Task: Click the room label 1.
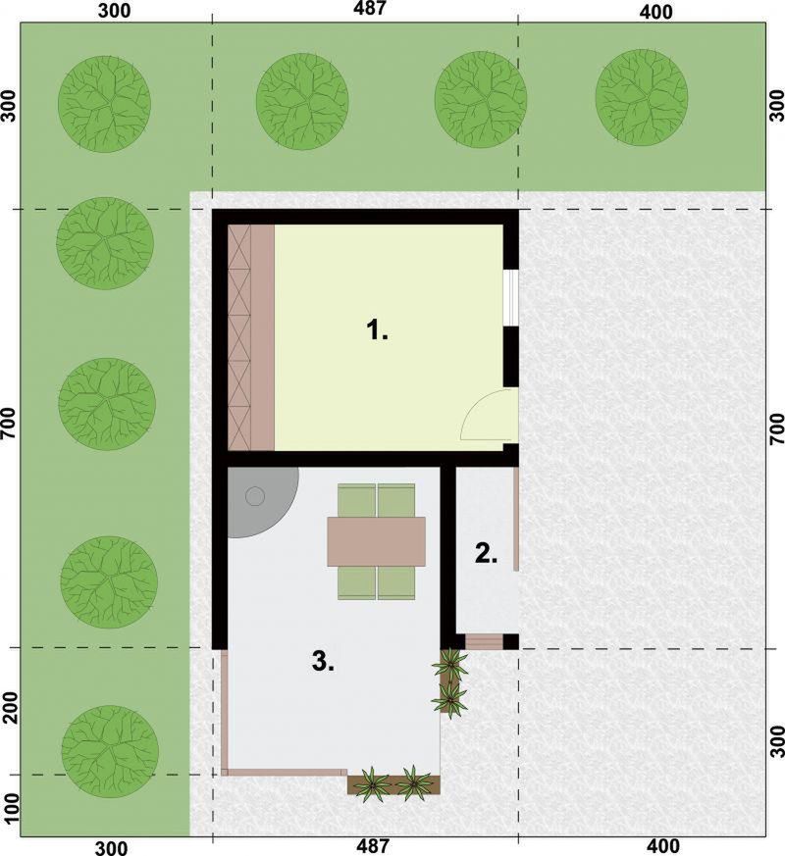[x=377, y=330]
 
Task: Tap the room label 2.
[x=486, y=553]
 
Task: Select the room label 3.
[x=323, y=662]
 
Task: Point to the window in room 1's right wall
[x=510, y=297]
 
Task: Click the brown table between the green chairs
[x=377, y=541]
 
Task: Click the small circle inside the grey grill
[x=255, y=497]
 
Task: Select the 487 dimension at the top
[x=370, y=9]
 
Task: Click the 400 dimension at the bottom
[x=665, y=846]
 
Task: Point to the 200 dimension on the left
[x=11, y=708]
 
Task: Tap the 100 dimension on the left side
[x=11, y=809]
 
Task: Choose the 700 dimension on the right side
[x=776, y=429]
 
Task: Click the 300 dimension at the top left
[x=114, y=11]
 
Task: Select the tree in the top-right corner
[x=642, y=98]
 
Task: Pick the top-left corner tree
[x=104, y=104]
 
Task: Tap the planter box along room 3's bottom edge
[x=393, y=784]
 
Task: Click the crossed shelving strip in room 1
[x=239, y=338]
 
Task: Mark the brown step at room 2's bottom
[x=484, y=641]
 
